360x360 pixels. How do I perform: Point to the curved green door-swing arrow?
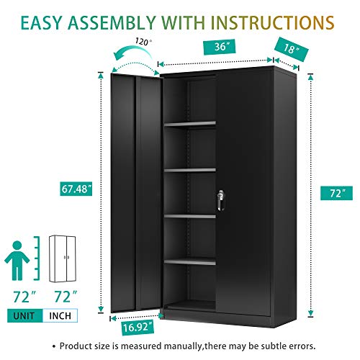134,56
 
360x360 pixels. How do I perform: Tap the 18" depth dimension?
290,50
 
